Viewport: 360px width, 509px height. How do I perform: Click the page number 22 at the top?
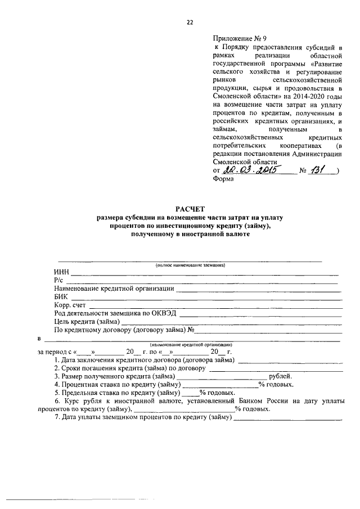pos(190,22)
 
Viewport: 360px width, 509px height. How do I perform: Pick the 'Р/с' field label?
pos(59,280)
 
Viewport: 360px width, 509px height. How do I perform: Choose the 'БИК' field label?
pos(61,296)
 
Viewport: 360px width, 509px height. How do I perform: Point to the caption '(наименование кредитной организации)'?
pos(191,344)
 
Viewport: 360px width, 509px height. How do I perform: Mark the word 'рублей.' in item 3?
pos(280,376)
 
